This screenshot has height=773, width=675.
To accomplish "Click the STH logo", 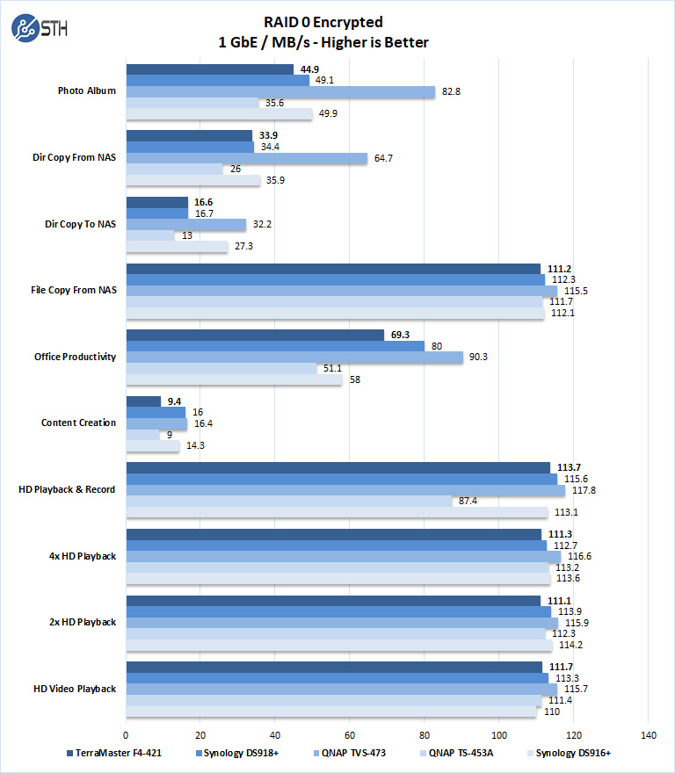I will (39, 28).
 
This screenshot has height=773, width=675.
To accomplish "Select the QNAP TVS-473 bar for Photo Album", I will (280, 91).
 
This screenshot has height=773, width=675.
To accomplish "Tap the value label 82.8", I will (453, 91).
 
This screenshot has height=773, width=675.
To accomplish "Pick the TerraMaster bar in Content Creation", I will (143, 401).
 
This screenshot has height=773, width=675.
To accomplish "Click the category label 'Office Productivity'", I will (76, 357).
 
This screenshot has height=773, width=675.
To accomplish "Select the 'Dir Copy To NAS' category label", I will (81, 224).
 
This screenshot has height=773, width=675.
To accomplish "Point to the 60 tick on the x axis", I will (350, 734).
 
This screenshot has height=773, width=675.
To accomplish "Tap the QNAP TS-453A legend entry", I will (457, 753).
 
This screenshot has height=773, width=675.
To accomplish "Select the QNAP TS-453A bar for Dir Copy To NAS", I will (150, 235).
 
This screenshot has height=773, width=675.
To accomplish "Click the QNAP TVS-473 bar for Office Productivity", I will (294, 358).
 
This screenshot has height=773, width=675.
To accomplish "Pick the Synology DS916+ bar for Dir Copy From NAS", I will (193, 180).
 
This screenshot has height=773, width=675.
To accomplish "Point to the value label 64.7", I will (384, 158).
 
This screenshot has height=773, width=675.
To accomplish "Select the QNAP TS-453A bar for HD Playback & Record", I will (289, 501).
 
